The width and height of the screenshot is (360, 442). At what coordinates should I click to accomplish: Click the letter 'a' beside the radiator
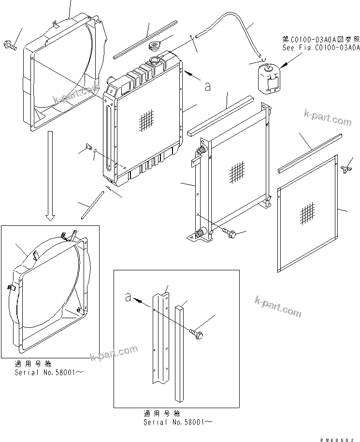point(207,87)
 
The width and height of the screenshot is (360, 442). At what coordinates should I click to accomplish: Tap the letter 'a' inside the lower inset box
point(128,298)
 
